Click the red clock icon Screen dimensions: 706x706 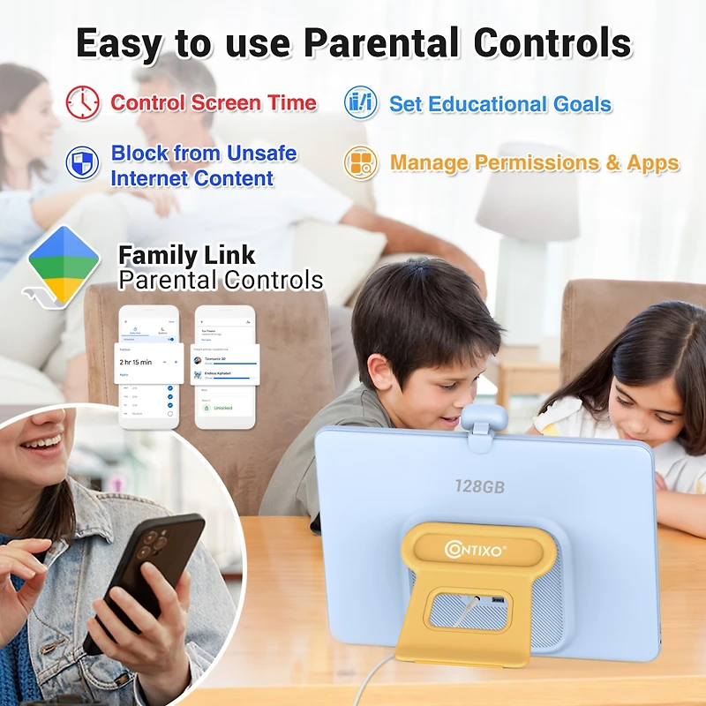click(83, 103)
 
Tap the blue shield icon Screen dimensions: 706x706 click(83, 162)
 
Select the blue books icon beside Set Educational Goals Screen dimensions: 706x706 click(361, 103)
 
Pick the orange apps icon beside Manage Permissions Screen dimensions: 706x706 click(361, 163)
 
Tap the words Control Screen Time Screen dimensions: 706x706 click(214, 102)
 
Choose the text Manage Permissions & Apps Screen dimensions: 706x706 click(535, 163)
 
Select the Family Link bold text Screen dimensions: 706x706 click(187, 256)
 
